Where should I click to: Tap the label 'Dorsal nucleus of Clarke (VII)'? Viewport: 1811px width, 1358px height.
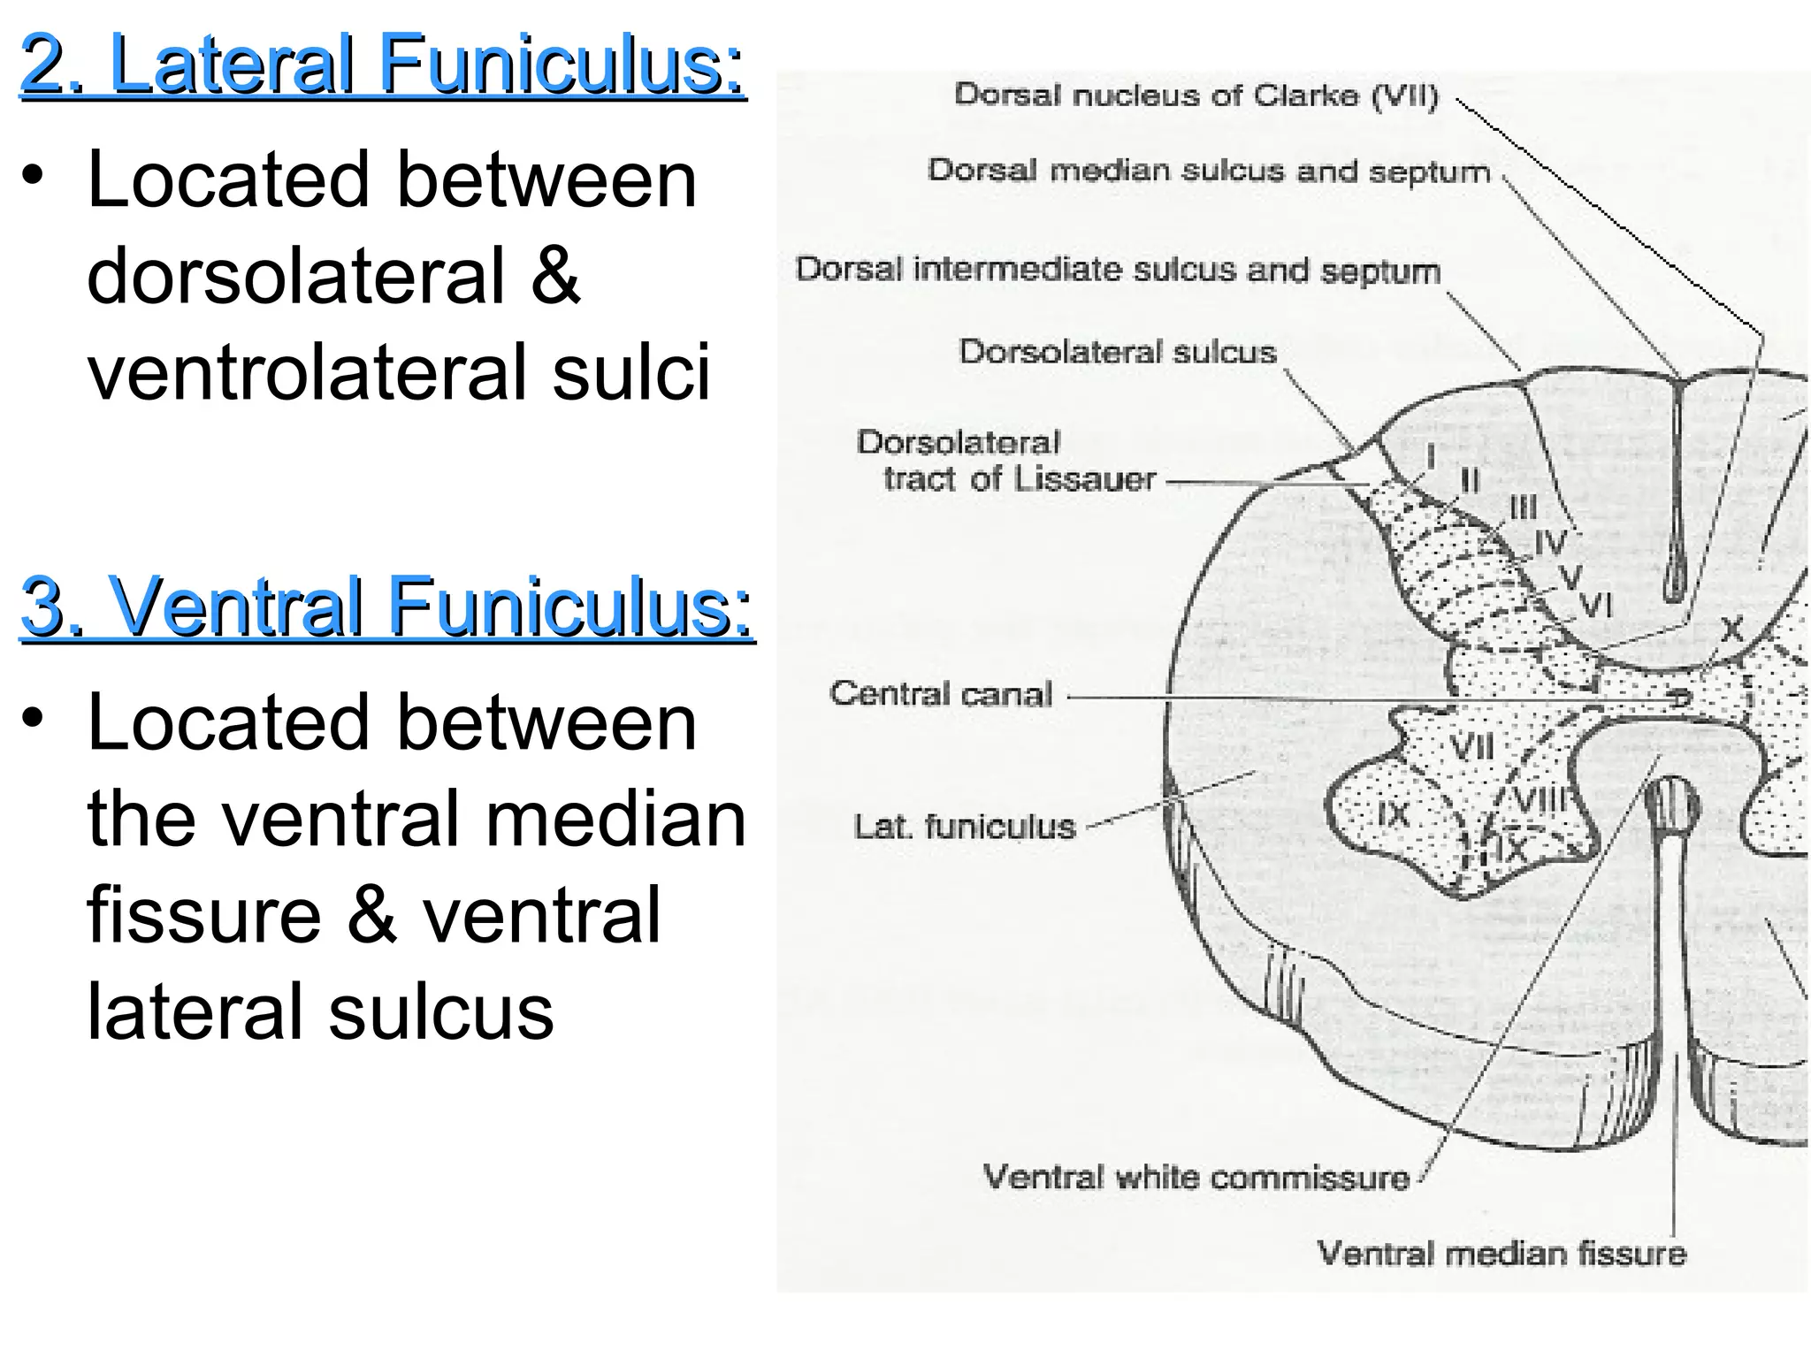[x=1196, y=95]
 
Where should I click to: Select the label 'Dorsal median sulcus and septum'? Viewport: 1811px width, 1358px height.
[x=1208, y=171]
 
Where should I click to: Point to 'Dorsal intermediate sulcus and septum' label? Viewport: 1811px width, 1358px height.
[x=1118, y=270]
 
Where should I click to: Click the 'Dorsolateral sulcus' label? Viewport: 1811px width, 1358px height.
[x=1118, y=352]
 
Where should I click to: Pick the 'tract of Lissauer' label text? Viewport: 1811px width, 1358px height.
[x=1019, y=479]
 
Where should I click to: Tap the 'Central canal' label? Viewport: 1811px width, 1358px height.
[x=941, y=694]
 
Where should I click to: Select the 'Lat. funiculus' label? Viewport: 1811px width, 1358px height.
[x=964, y=828]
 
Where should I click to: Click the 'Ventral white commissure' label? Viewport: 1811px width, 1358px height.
[x=1196, y=1178]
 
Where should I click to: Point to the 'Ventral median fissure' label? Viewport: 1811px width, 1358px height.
[x=1502, y=1254]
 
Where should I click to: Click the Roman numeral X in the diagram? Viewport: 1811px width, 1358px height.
[x=1731, y=629]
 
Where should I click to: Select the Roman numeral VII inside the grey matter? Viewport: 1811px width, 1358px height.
[x=1472, y=747]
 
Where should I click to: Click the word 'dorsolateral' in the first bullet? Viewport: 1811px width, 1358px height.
[x=295, y=276]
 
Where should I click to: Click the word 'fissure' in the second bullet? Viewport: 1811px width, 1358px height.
[x=204, y=915]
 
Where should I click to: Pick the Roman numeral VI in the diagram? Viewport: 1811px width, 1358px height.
[x=1596, y=606]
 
